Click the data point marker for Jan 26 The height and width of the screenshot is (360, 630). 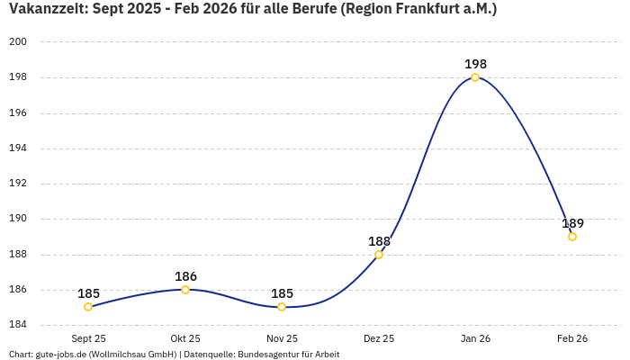(475, 77)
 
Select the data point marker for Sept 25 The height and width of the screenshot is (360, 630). (88, 307)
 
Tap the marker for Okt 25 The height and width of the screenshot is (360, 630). (185, 290)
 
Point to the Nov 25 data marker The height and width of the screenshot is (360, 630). (282, 307)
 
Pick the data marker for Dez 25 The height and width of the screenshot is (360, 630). (379, 255)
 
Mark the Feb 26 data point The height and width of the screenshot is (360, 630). (572, 237)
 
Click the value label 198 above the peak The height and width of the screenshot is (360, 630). (475, 64)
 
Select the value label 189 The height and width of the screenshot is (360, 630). (572, 223)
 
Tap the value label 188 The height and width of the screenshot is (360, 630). (379, 241)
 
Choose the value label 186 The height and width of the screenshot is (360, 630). (185, 276)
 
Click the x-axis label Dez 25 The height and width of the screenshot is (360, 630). (379, 338)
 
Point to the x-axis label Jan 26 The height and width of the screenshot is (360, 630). (475, 338)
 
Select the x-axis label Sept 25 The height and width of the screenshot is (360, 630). (88, 338)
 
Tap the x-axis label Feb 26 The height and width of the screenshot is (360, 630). (572, 338)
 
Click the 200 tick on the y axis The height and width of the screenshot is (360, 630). (17, 42)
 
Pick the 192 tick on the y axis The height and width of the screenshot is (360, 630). (17, 184)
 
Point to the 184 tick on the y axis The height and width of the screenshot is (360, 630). (17, 325)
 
